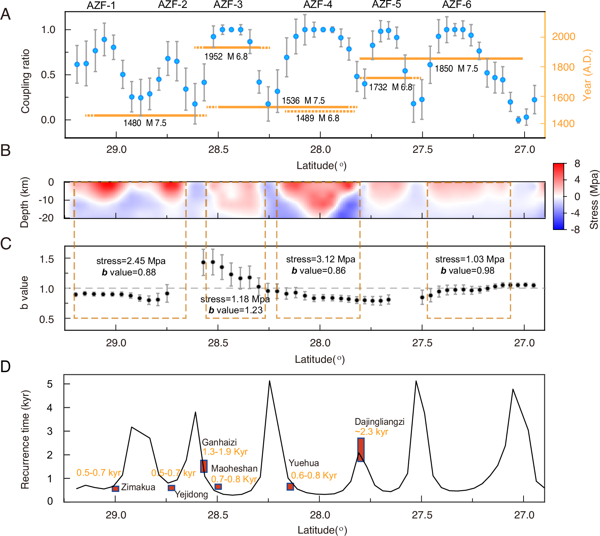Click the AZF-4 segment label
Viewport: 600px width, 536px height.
(x=318, y=5)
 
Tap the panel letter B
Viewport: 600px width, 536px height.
(x=6, y=150)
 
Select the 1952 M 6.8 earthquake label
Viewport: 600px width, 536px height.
(x=226, y=56)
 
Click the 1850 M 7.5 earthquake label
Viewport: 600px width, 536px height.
(x=456, y=69)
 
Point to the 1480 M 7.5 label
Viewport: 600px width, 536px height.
(x=145, y=123)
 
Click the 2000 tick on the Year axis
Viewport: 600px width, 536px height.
(x=563, y=36)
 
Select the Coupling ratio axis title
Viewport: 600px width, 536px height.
(x=25, y=81)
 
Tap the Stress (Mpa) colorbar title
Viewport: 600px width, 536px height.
(x=594, y=199)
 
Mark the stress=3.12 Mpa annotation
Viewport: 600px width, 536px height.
(x=320, y=259)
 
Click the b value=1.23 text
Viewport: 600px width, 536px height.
(x=236, y=310)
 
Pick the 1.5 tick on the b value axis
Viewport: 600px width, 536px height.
(x=47, y=259)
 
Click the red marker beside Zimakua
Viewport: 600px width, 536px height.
(x=115, y=488)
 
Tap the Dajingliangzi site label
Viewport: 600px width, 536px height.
(x=379, y=422)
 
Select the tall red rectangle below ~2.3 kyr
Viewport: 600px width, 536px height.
(x=361, y=449)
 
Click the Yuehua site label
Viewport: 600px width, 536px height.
(x=303, y=463)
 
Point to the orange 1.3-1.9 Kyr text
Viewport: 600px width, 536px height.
(x=225, y=452)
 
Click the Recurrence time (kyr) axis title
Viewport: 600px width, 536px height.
(x=25, y=440)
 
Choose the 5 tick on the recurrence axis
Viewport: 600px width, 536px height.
(x=50, y=384)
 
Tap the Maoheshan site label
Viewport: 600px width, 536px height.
(x=234, y=469)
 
